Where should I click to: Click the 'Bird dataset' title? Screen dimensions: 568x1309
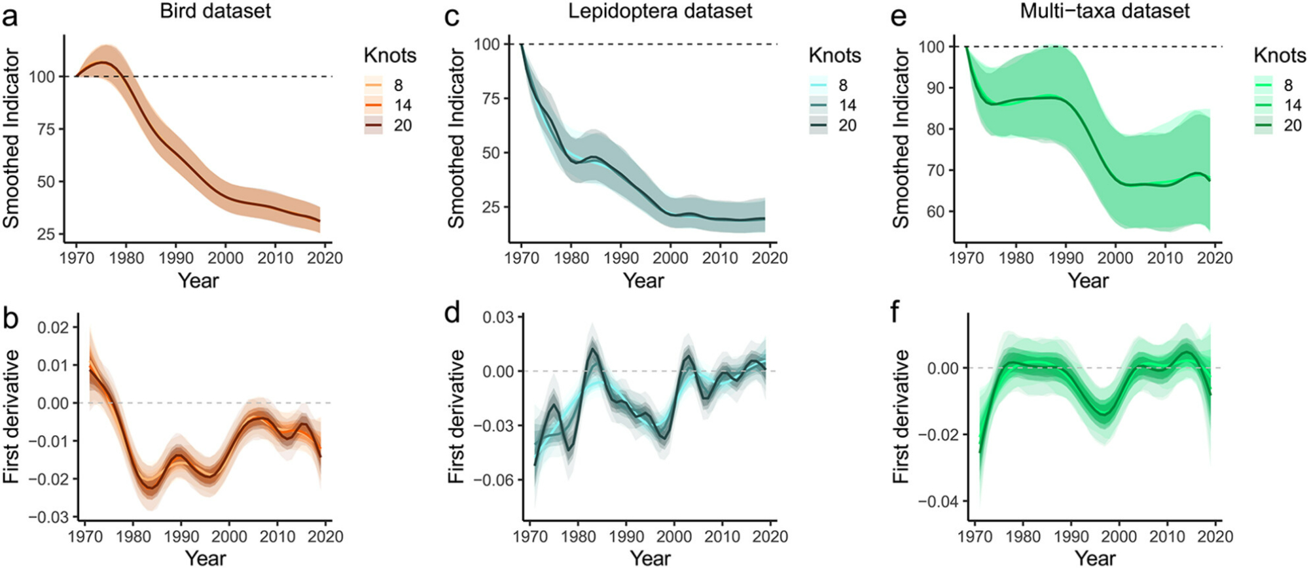pos(215,11)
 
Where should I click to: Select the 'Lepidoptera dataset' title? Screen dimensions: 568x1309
pos(660,11)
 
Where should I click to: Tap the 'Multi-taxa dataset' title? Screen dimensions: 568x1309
pos(1105,11)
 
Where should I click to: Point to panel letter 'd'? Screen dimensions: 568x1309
pos(452,313)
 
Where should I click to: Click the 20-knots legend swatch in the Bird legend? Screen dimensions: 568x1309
pos(374,125)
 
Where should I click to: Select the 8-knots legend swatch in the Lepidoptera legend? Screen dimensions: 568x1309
pos(819,85)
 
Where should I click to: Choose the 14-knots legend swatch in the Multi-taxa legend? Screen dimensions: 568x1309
pos(1264,105)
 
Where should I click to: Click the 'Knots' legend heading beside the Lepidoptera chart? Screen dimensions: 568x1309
pos(834,56)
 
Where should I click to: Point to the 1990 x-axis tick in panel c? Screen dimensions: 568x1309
pos(621,258)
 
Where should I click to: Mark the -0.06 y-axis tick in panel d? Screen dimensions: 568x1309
pos(493,480)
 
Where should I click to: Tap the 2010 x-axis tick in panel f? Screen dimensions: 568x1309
pos(1167,537)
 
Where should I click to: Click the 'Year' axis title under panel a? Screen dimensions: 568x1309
pos(198,281)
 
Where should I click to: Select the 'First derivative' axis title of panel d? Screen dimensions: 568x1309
pos(457,417)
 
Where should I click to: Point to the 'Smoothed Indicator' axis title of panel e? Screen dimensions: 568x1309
pos(901,139)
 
